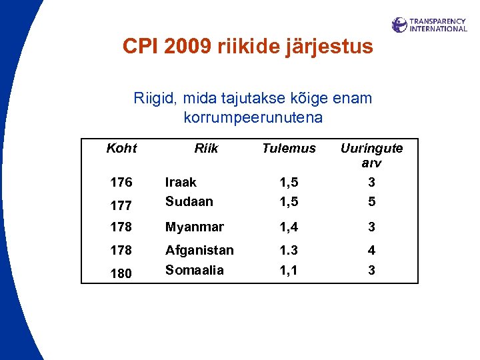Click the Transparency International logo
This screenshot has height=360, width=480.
pyautogui.click(x=429, y=25)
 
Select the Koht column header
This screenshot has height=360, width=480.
pyautogui.click(x=121, y=148)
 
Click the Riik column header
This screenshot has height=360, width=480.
pyautogui.click(x=206, y=148)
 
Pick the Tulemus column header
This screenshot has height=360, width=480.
pyautogui.click(x=289, y=148)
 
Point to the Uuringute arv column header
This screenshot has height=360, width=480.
pyautogui.click(x=371, y=155)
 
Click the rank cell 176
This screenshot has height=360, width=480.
pyautogui.click(x=121, y=182)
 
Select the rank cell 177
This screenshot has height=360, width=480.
pyautogui.click(x=121, y=206)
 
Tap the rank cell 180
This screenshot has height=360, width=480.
pyautogui.click(x=121, y=273)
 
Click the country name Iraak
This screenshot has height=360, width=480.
pyautogui.click(x=181, y=182)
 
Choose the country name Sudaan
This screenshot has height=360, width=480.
pyautogui.click(x=189, y=201)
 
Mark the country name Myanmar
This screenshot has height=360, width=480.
pyautogui.click(x=194, y=227)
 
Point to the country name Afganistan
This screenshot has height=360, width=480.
pyautogui.click(x=199, y=250)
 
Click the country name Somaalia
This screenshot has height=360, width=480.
pyautogui.click(x=194, y=270)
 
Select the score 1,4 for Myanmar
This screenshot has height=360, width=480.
pyautogui.click(x=289, y=227)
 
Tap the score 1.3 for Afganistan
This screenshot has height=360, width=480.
pyautogui.click(x=289, y=250)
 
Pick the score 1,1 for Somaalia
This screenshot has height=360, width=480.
pyautogui.click(x=289, y=270)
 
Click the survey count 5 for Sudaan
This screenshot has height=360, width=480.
pyautogui.click(x=372, y=201)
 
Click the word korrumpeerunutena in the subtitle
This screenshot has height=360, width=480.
pyautogui.click(x=253, y=118)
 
